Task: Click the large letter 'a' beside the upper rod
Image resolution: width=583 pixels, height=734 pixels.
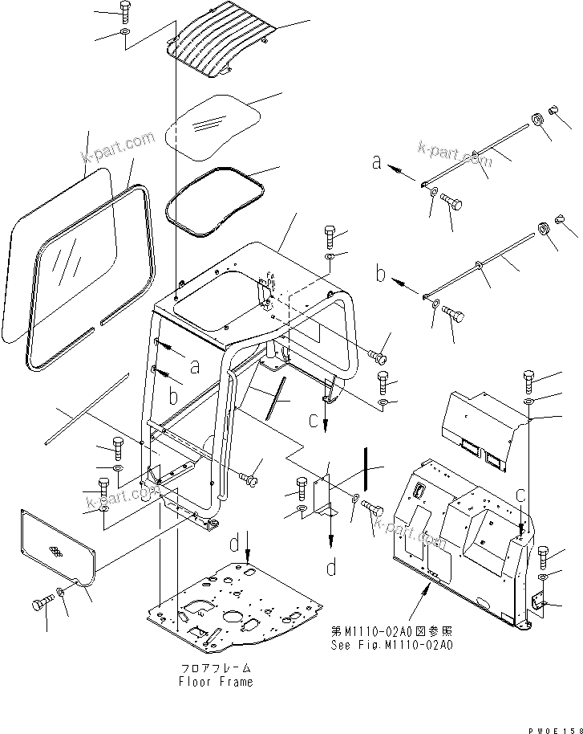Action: click(376, 162)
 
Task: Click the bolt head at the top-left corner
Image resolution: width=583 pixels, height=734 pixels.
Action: click(124, 10)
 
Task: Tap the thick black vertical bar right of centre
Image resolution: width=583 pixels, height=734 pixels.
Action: click(365, 467)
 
